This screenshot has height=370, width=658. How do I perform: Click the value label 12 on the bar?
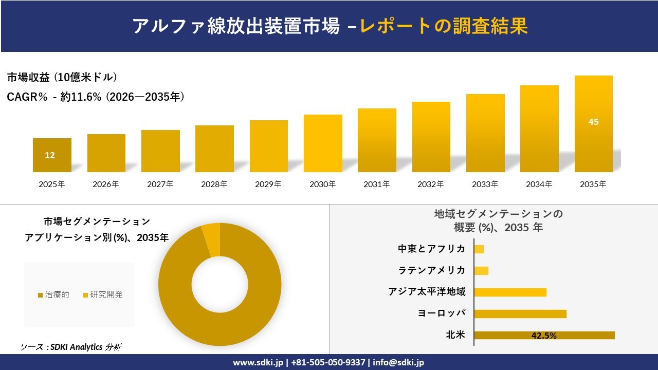50,155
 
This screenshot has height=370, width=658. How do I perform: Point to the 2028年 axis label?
214,184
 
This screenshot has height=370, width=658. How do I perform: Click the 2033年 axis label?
485,184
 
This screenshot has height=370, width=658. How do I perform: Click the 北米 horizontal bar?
544,336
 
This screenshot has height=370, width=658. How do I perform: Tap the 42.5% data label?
544,336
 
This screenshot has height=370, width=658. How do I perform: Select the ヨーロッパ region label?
442,313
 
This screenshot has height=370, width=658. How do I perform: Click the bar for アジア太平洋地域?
510,292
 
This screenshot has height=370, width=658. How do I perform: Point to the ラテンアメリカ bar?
481,271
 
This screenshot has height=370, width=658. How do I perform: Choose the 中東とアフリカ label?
431,249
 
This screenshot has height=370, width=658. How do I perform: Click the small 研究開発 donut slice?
211,239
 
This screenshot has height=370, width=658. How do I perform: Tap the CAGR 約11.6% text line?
96,97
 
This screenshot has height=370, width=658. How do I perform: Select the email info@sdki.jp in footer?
398,362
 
